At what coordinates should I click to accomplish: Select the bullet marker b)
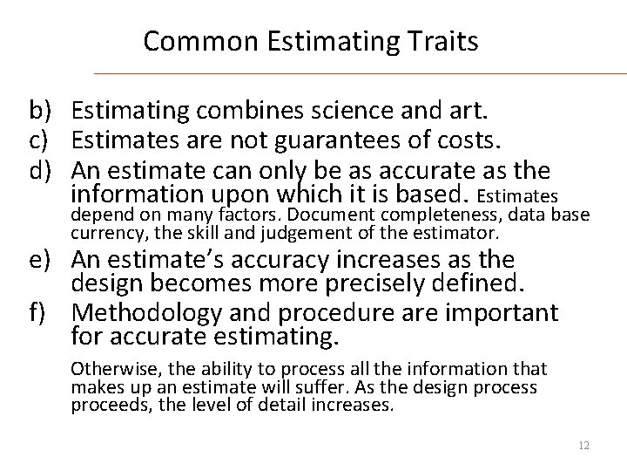(x=41, y=112)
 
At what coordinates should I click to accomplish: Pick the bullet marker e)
(x=41, y=261)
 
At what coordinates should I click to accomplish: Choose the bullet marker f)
(x=39, y=312)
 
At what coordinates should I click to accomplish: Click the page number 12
(x=583, y=445)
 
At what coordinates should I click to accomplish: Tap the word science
(x=339, y=112)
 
